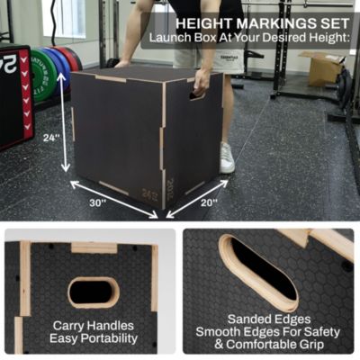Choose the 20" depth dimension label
click(x=209, y=203)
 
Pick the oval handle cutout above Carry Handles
click(x=93, y=291)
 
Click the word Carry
click(x=68, y=325)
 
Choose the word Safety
click(x=322, y=331)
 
